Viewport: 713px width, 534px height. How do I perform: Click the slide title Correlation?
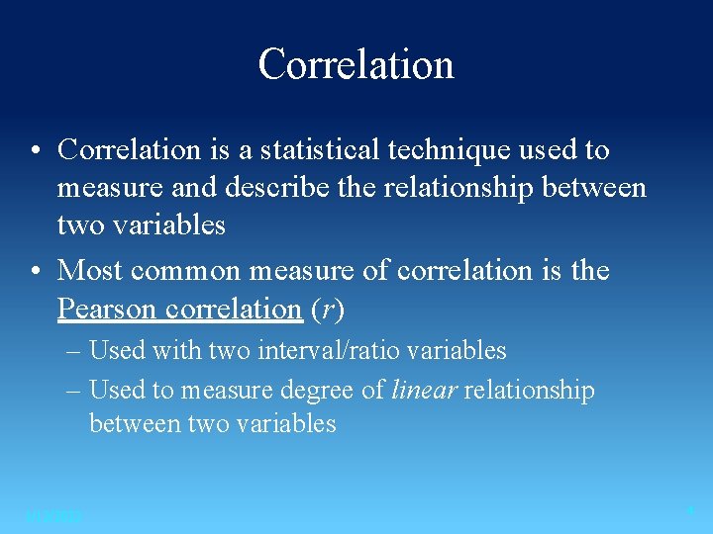click(356, 64)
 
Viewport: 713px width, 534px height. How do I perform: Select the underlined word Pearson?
click(108, 309)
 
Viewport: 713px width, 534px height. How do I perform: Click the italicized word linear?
click(424, 391)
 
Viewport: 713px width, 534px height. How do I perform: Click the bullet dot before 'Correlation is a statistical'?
click(35, 151)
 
